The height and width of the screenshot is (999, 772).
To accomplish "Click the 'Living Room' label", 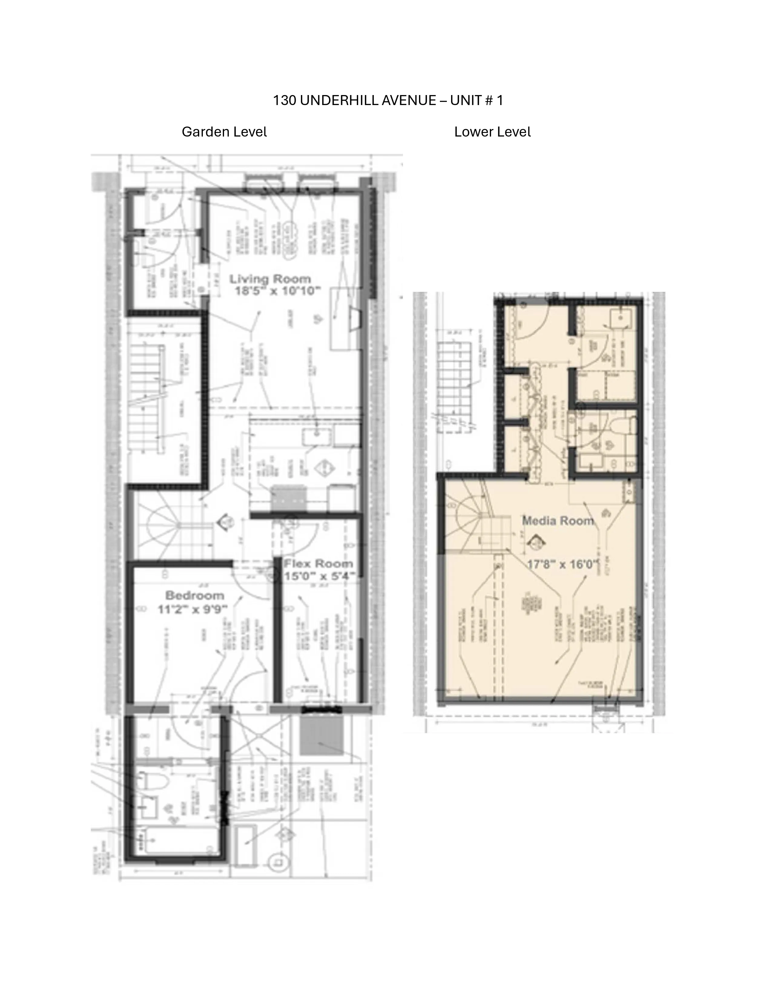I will (x=270, y=279).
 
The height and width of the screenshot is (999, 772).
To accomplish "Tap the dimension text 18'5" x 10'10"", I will (x=278, y=291).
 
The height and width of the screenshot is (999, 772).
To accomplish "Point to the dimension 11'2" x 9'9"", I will (x=193, y=609).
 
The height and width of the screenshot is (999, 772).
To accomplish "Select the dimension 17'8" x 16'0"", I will (x=563, y=564).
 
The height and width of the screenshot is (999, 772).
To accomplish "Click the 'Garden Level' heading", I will (x=224, y=132).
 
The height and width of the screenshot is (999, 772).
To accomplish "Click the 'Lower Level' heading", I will (x=492, y=132).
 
